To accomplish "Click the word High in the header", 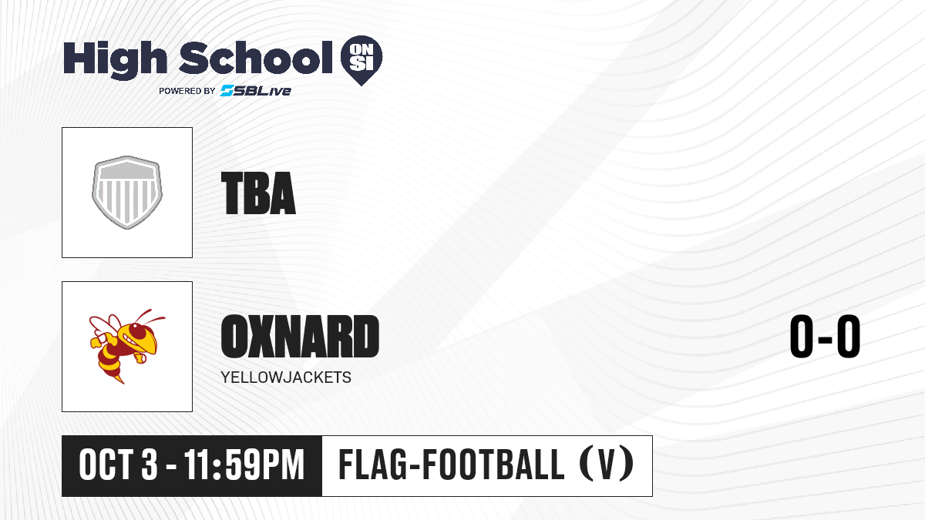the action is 115,59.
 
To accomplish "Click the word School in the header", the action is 256,58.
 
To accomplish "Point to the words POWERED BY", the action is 187,91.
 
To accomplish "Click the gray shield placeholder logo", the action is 127,193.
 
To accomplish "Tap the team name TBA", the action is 258,193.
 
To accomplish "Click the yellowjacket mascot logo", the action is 127,346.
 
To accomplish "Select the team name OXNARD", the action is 300,337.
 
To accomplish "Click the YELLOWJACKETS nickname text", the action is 286,377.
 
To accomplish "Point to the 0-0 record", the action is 825,337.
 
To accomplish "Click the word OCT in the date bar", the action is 106,465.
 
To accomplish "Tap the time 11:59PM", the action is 244,465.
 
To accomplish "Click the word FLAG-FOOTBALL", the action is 452,464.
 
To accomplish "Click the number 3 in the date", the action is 150,465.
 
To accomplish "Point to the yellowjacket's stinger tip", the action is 123,383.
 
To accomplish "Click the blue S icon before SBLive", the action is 227,91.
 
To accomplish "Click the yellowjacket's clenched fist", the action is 96,343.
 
